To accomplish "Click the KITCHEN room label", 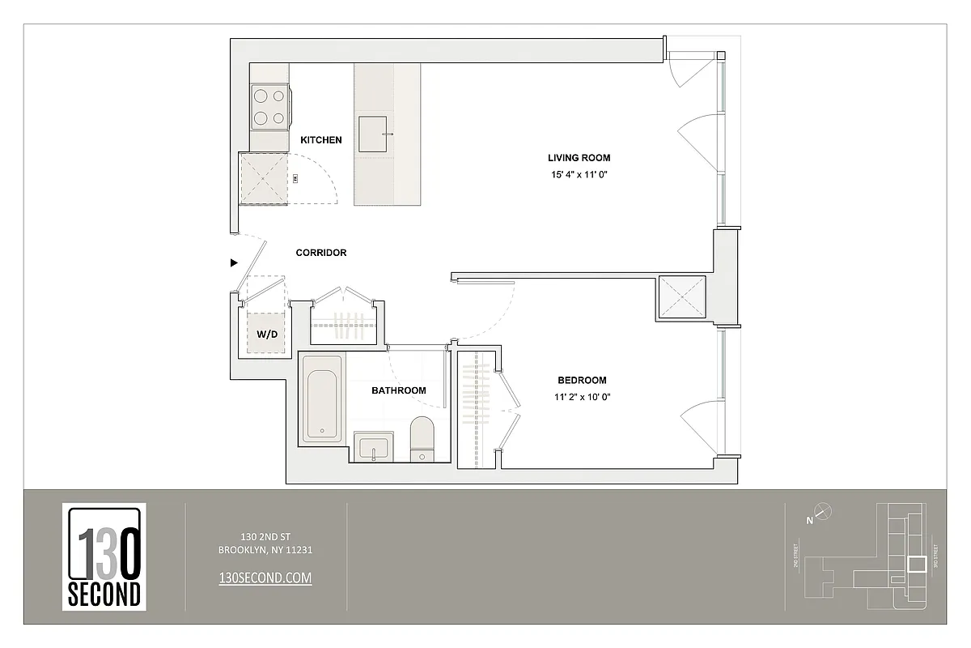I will [x=320, y=140].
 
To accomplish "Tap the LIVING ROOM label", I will [x=579, y=158].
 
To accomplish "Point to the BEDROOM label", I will [x=582, y=380].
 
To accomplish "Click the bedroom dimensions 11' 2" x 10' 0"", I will [x=581, y=397].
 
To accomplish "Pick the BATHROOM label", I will [x=398, y=390].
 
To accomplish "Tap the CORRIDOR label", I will [x=320, y=253].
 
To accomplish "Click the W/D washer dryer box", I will [x=266, y=334].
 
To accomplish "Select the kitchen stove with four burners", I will [x=269, y=107].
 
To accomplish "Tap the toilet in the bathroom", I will [x=422, y=438].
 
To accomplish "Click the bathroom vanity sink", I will [x=373, y=447].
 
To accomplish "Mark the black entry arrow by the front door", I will [x=234, y=262].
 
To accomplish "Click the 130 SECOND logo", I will [x=104, y=556].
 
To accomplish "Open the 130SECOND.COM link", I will [x=265, y=578].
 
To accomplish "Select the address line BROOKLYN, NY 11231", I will [x=265, y=550].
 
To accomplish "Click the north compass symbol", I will [x=822, y=512].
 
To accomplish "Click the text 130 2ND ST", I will [x=265, y=536].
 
